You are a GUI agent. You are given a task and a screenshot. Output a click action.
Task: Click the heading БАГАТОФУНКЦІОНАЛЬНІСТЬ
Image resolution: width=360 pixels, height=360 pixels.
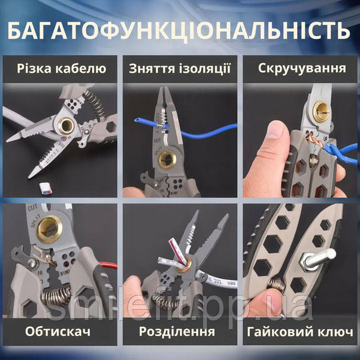pos(179,31)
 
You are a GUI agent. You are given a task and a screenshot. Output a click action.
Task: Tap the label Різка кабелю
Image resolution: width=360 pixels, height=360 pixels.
pos(62,69)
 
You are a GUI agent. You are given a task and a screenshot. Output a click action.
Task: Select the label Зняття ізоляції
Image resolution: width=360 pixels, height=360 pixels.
pos(179,69)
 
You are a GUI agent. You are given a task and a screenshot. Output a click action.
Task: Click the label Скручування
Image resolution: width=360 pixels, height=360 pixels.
pos(302,68)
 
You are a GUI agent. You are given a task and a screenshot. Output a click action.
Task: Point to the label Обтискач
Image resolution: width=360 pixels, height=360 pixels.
pos(58,331)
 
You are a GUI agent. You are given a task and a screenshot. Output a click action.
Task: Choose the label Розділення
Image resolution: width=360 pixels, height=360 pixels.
pos(177,331)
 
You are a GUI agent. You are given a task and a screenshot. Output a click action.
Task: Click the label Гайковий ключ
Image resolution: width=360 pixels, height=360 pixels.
pos(300,332)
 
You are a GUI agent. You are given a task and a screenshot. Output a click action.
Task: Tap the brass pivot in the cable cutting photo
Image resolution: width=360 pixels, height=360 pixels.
pos(66,125)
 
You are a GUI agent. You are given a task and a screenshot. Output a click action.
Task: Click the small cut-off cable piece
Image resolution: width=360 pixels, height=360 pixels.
pos(46,187)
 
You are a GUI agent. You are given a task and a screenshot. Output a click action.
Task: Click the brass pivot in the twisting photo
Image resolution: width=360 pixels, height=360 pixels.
pos(321,111)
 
